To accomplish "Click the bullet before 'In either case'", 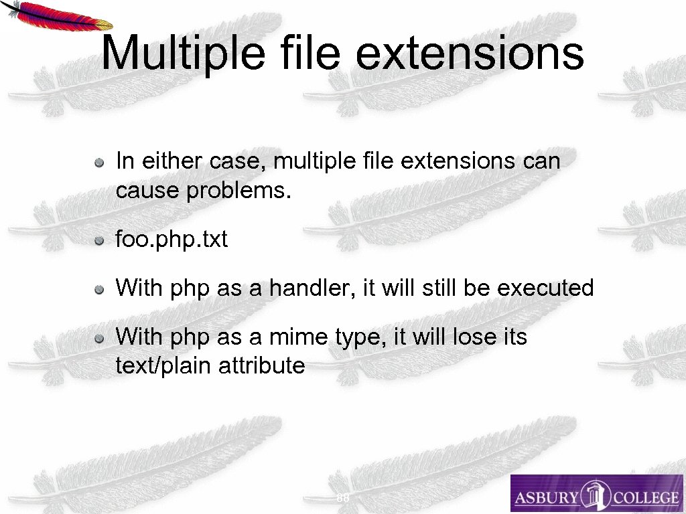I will [x=98, y=162].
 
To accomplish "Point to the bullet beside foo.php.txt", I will [x=98, y=240].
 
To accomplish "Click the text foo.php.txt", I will [x=171, y=240].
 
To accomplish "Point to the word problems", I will [x=239, y=191].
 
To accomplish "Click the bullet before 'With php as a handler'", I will [x=98, y=289].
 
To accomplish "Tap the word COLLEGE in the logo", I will [x=648, y=497].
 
